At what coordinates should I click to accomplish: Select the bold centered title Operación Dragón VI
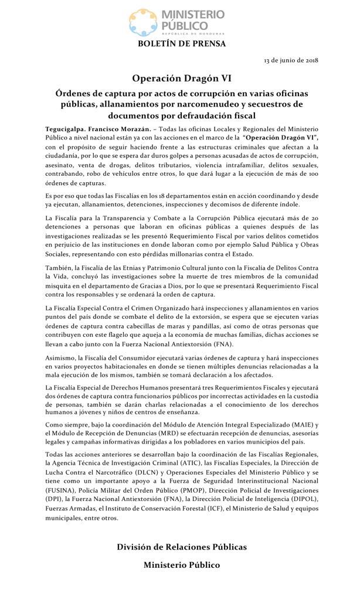(180, 78)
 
